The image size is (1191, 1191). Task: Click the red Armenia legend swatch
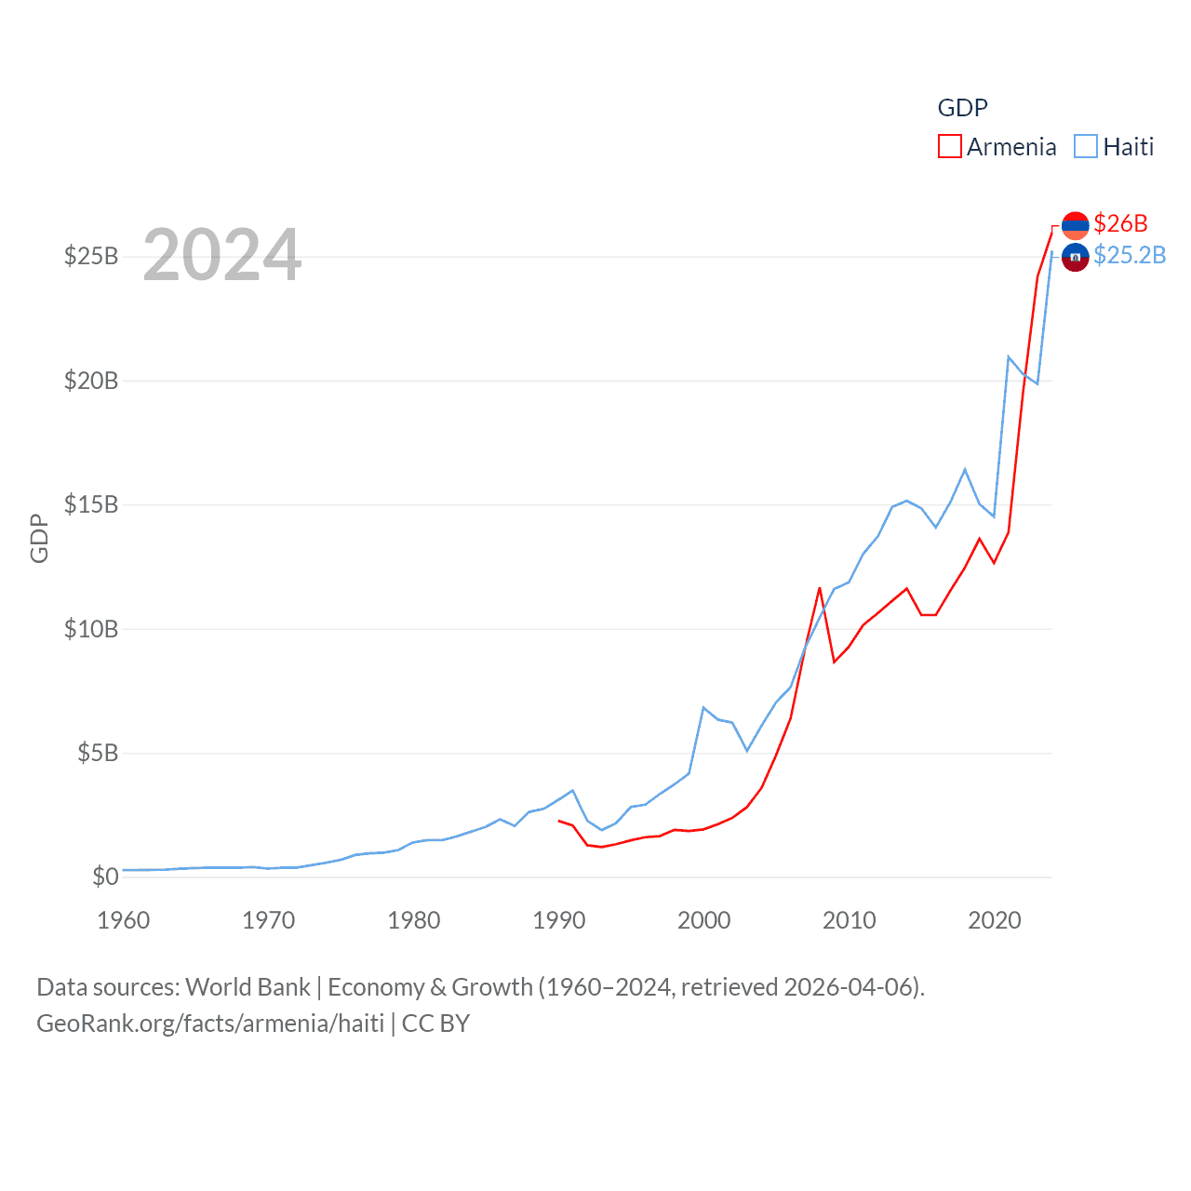click(949, 147)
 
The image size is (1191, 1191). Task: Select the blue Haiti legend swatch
click(1085, 147)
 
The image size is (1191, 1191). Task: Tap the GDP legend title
click(962, 108)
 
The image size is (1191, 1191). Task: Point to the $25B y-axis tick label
click(91, 256)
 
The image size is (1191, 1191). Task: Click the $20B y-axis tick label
click(91, 381)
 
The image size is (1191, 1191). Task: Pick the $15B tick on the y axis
click(91, 504)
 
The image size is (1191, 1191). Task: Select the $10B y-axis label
click(91, 629)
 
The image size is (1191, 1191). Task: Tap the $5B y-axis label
click(98, 753)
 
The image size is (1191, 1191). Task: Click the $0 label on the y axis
click(105, 877)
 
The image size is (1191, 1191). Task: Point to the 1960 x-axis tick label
click(124, 920)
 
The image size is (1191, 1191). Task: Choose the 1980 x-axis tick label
click(414, 920)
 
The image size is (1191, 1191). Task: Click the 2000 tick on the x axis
click(704, 920)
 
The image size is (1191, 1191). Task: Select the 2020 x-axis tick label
click(995, 920)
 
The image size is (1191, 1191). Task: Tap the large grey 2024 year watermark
click(222, 255)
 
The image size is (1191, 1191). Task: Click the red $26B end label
click(1120, 223)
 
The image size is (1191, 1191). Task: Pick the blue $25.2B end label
click(1130, 255)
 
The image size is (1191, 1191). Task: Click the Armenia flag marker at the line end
click(1075, 225)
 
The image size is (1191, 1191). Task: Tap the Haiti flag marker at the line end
click(1075, 257)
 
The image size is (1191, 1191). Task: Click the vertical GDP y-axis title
click(39, 538)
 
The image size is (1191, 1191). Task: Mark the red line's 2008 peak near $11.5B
click(820, 588)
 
